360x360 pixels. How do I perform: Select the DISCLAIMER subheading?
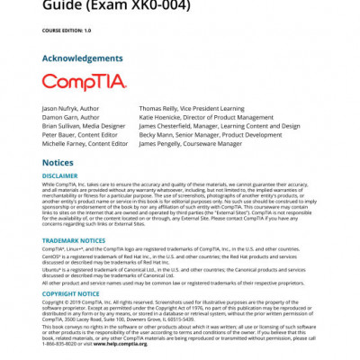(60, 175)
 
